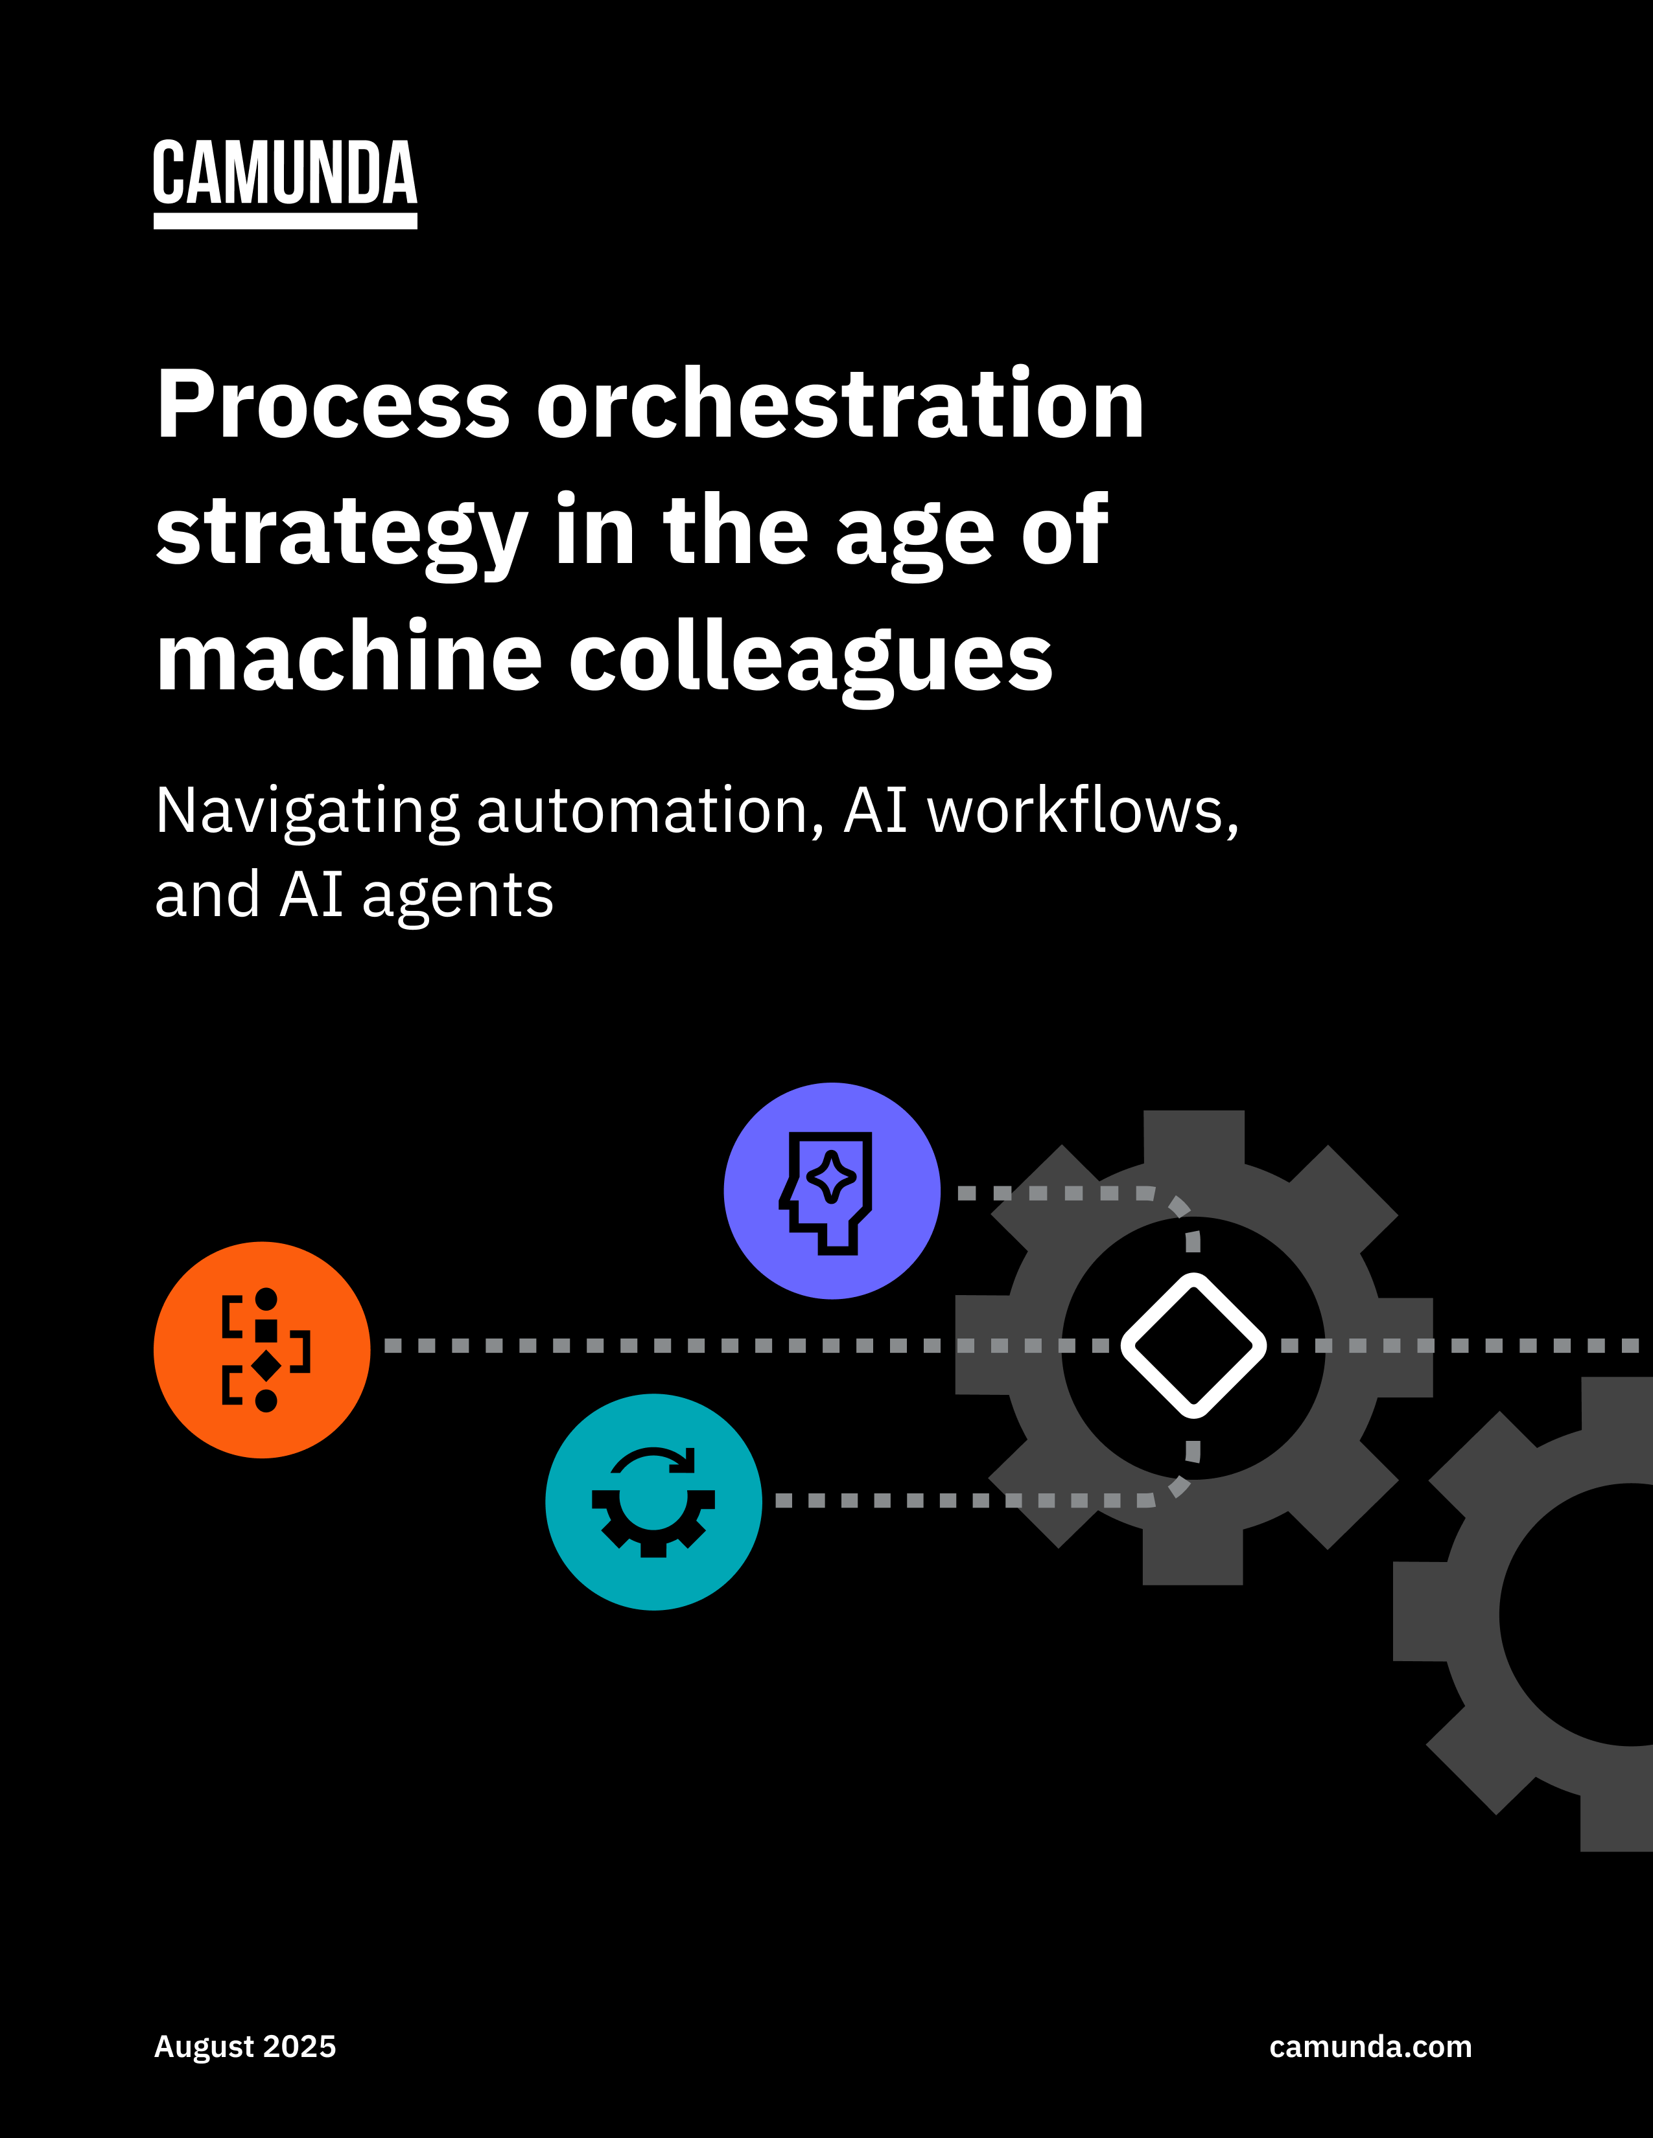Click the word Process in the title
[333, 404]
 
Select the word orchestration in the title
[840, 404]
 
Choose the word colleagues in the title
[811, 659]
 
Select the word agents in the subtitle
[457, 896]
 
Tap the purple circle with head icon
[832, 1191]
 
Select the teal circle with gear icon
[653, 1502]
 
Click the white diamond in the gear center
[1193, 1345]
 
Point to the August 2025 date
[245, 2047]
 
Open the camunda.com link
[1370, 2047]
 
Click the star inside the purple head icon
[832, 1176]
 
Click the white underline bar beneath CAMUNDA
[285, 222]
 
